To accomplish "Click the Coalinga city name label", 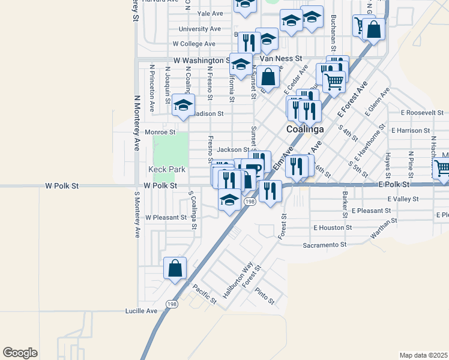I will click(x=305, y=129).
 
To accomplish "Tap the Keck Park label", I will click(x=167, y=170).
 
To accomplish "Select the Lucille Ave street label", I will click(x=141, y=311).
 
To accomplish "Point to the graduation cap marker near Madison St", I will click(x=183, y=106).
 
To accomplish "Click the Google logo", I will click(x=20, y=353).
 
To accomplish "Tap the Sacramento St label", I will click(x=325, y=245).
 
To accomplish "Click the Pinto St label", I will click(x=264, y=296).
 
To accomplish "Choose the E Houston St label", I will click(x=333, y=228).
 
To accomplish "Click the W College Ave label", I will click(x=193, y=44).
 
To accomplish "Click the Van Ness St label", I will click(x=280, y=60).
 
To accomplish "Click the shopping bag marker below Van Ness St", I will click(x=269, y=77).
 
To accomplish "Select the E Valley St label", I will click(x=403, y=199).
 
